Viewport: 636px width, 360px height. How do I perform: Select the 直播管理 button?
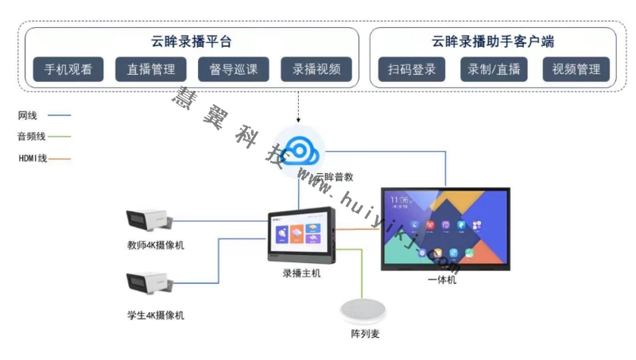[x=151, y=69]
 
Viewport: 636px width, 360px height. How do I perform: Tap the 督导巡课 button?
[x=234, y=69]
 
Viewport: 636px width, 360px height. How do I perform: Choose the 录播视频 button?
[x=316, y=69]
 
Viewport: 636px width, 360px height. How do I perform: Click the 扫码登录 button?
[x=412, y=69]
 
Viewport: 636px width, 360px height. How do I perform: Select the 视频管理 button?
[x=576, y=69]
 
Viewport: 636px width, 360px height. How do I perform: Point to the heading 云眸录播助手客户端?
[x=493, y=41]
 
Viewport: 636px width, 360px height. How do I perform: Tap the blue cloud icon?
[x=301, y=149]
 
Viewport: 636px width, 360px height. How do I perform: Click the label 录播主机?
[x=301, y=273]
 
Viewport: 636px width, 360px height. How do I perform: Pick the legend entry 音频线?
[x=32, y=137]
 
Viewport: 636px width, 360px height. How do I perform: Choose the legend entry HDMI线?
[x=33, y=158]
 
